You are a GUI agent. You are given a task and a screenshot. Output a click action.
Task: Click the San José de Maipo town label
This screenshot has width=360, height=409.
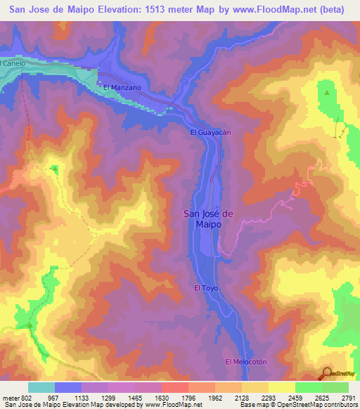[x=212, y=219]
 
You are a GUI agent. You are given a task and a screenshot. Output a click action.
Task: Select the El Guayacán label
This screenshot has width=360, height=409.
[x=211, y=132]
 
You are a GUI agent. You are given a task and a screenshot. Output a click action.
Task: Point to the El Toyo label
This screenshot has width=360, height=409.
[x=207, y=288]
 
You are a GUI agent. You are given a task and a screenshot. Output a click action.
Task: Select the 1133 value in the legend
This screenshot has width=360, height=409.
[x=82, y=397]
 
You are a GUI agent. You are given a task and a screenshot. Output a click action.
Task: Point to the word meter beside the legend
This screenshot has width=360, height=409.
[x=10, y=397]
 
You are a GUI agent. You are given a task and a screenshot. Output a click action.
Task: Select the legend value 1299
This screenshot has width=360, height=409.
[x=109, y=397]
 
